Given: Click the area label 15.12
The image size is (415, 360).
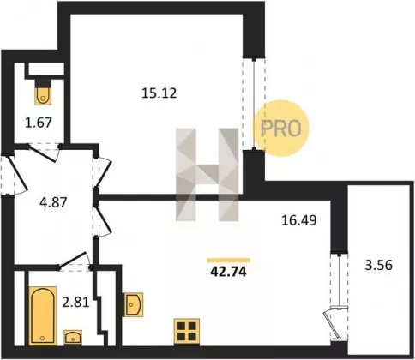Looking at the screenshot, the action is tap(159, 93).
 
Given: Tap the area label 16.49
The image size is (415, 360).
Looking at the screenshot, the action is tap(299, 220).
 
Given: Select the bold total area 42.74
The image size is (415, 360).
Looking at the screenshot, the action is tap(228, 272).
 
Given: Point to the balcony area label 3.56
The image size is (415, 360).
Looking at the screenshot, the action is tap(379, 265).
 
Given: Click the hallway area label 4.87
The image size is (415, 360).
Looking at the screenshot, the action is tap(53, 202).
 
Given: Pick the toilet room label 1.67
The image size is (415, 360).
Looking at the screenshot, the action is tap(39, 123).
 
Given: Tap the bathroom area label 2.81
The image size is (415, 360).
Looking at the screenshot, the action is tap(75, 303).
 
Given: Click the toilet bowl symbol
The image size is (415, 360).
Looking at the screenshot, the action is tap(43, 93).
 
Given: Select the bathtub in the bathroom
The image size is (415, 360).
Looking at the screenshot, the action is tap(43, 315).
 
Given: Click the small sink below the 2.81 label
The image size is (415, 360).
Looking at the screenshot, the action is tap(73, 337).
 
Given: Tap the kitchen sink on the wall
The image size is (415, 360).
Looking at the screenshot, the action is tap(133, 304).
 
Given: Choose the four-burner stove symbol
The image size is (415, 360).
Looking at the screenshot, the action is tap(187, 331).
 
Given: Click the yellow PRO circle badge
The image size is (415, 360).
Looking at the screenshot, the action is tap(281, 128).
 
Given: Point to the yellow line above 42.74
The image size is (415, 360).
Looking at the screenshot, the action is tap(229, 260).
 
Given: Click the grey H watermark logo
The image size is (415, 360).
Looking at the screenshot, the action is tap(207, 175).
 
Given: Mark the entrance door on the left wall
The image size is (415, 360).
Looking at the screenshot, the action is tap(15, 175).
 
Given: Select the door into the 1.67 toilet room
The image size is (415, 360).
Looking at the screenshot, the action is tap(44, 153).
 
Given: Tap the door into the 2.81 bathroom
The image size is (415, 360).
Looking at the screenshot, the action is tap(75, 261).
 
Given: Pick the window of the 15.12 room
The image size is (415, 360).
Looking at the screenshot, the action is tap(254, 104).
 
